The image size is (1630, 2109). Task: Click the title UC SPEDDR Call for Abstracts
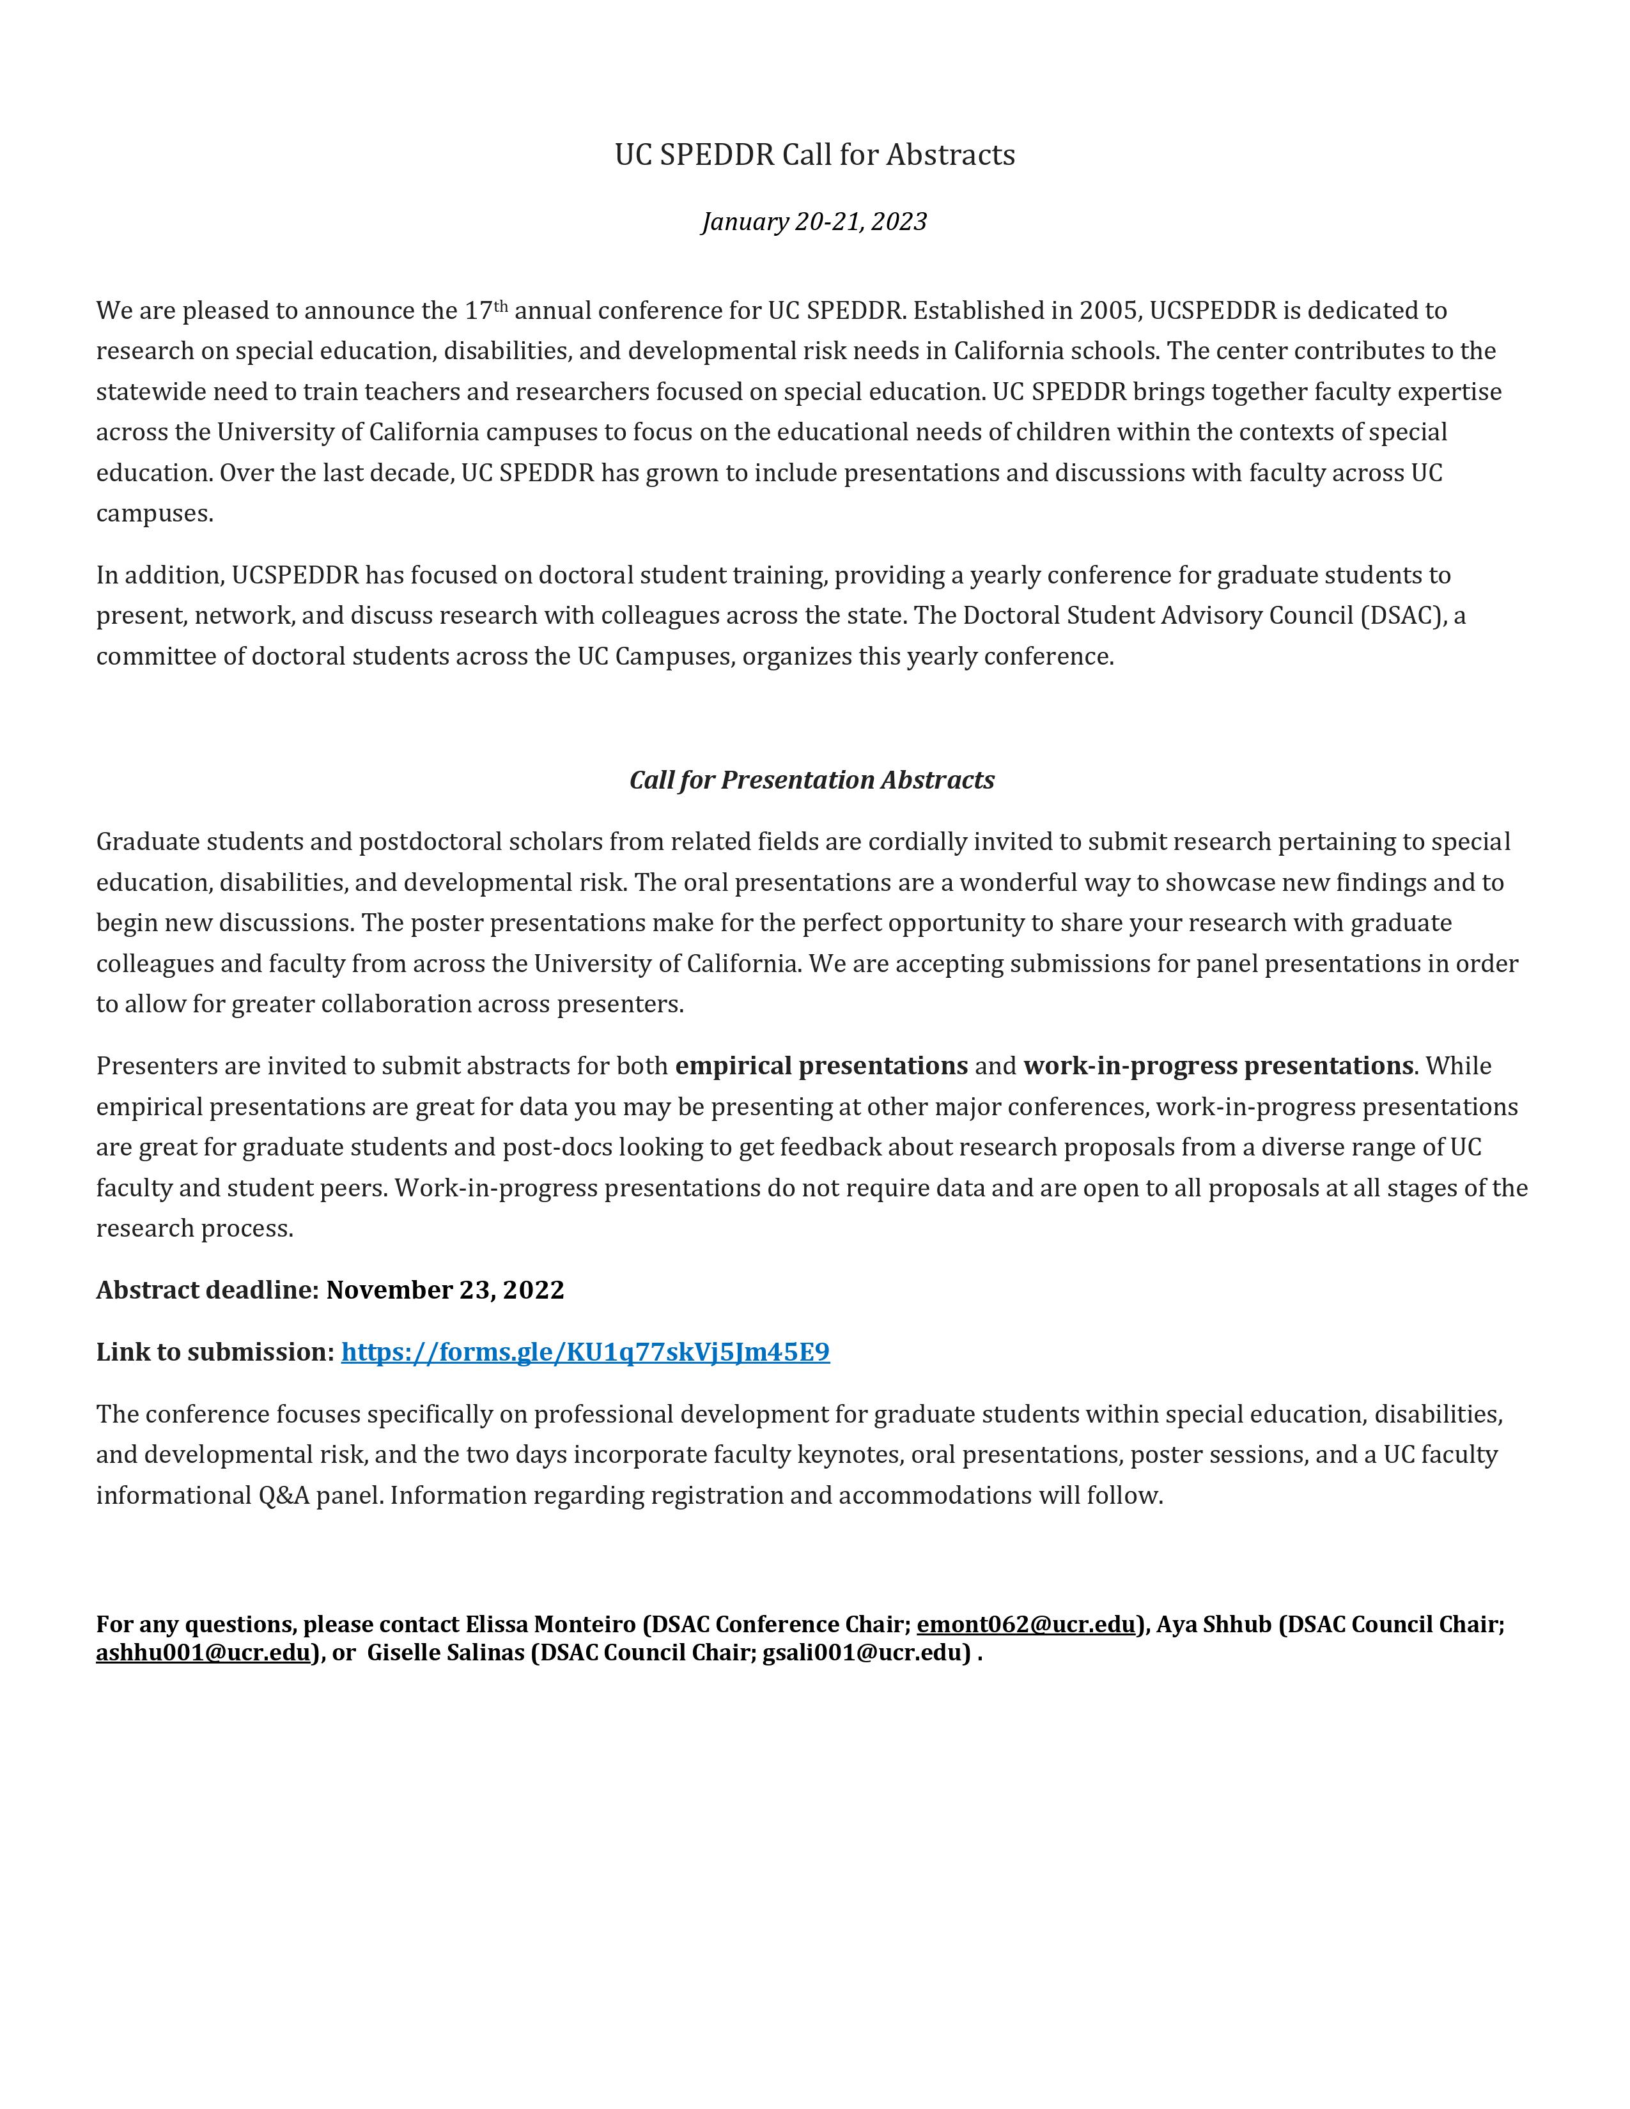coord(814,155)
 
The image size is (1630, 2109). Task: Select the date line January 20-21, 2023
coord(814,222)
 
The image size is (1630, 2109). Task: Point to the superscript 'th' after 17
coord(501,306)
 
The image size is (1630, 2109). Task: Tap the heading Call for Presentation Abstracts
coord(811,780)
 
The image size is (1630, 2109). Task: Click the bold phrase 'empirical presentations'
coord(821,1066)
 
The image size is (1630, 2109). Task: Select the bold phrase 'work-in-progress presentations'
coord(1218,1066)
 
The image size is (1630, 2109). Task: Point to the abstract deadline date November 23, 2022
coord(444,1290)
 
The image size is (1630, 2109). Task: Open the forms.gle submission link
coord(585,1352)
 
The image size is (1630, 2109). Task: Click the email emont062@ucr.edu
coord(1025,1624)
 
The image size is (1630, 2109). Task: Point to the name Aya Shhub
coord(1214,1624)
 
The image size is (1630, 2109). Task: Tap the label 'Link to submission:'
coord(214,1352)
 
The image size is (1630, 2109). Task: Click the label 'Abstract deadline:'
coord(206,1290)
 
